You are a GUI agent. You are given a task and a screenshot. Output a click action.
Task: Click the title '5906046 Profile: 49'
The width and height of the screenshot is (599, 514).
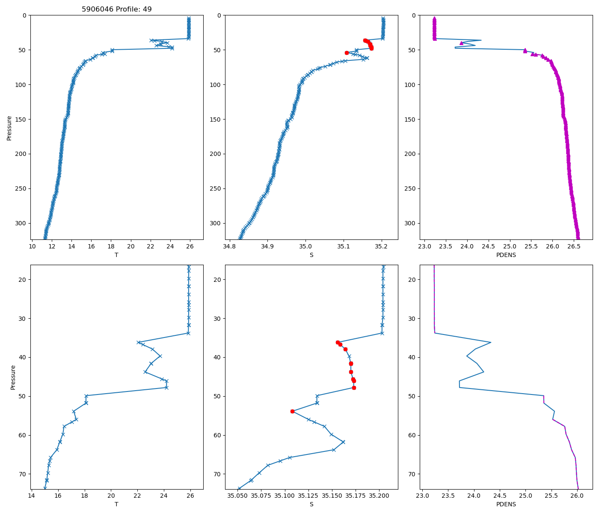(x=117, y=9)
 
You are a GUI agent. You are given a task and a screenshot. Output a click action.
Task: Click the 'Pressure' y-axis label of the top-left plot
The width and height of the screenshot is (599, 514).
(x=9, y=128)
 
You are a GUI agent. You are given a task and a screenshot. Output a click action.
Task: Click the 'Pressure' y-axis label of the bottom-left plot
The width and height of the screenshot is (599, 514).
(x=13, y=377)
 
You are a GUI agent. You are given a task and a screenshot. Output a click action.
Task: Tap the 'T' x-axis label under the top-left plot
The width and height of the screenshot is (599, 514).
(x=116, y=255)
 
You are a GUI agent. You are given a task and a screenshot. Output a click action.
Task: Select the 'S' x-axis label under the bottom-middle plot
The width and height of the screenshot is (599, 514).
(x=311, y=504)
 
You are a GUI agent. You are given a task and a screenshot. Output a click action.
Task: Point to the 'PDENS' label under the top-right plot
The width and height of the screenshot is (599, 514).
(x=506, y=255)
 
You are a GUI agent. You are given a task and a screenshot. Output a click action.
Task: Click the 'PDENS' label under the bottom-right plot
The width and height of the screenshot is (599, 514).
(x=506, y=504)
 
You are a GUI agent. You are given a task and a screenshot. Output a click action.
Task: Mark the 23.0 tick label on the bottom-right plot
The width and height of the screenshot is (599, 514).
(x=422, y=496)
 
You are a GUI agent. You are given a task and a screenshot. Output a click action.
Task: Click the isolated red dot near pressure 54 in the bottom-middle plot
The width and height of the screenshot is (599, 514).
(x=292, y=411)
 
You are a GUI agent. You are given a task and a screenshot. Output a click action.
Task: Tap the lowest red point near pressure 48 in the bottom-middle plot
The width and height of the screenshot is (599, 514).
(x=354, y=388)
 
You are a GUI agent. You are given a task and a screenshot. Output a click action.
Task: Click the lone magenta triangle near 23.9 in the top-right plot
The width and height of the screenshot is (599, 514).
(x=461, y=43)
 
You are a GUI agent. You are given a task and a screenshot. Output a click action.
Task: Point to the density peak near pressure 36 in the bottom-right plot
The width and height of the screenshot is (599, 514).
(x=491, y=342)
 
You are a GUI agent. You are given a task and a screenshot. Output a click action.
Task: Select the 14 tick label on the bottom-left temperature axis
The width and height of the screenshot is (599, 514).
(x=31, y=496)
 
